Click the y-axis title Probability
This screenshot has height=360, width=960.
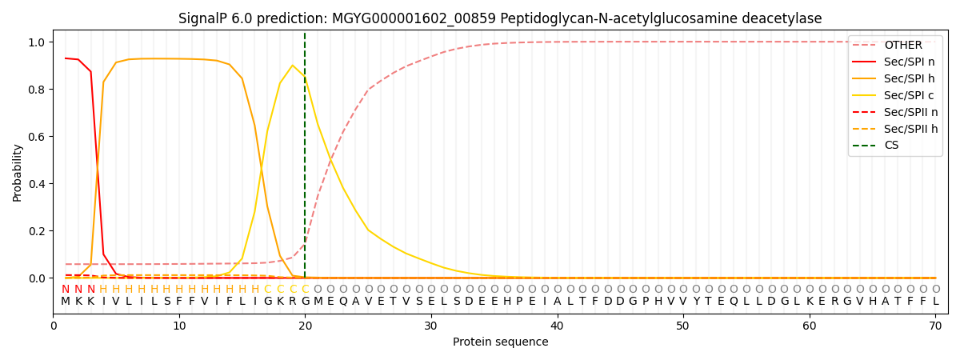tap(18, 172)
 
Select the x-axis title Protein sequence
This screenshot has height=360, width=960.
tap(500, 342)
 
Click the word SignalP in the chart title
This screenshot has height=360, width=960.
tap(205, 18)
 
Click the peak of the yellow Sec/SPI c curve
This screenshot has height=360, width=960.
tap(292, 66)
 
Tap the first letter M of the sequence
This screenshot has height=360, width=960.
tap(66, 302)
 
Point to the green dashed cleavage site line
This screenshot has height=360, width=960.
tap(305, 160)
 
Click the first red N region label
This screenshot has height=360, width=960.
tap(66, 290)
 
